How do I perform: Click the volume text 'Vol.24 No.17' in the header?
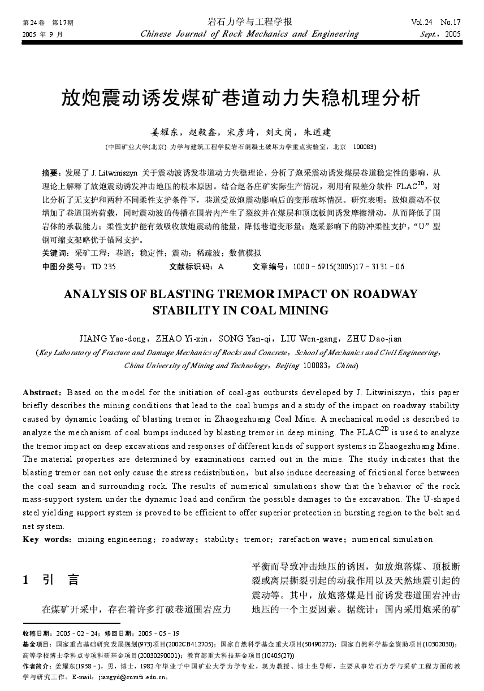tap(436, 23)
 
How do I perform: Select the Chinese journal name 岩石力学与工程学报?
tap(249, 22)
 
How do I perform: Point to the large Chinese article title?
tap(241, 98)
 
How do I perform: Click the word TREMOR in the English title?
tap(245, 294)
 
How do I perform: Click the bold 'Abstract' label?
tap(41, 392)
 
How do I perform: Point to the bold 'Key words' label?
tap(47, 539)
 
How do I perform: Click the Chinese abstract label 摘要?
tap(51, 172)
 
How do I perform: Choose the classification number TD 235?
tap(103, 266)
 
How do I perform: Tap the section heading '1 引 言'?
tap(50, 579)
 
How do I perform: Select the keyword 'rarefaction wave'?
tap(309, 539)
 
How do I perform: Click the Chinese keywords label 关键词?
tap(55, 253)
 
